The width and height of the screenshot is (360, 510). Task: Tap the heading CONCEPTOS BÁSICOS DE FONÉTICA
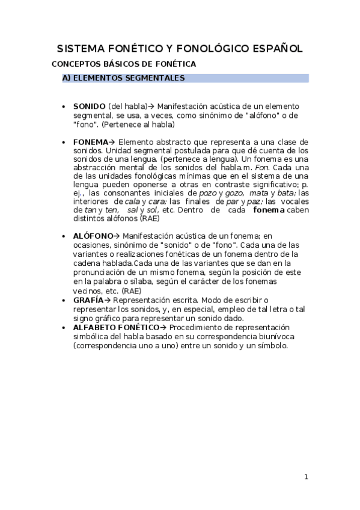pyautogui.click(x=124, y=64)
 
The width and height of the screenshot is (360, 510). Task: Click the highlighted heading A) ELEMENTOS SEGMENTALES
pyautogui.click(x=123, y=78)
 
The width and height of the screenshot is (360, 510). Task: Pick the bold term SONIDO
pyautogui.click(x=90, y=106)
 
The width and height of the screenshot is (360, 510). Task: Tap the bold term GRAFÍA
pyautogui.click(x=88, y=300)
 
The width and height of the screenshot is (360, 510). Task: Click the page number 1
pyautogui.click(x=306, y=478)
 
